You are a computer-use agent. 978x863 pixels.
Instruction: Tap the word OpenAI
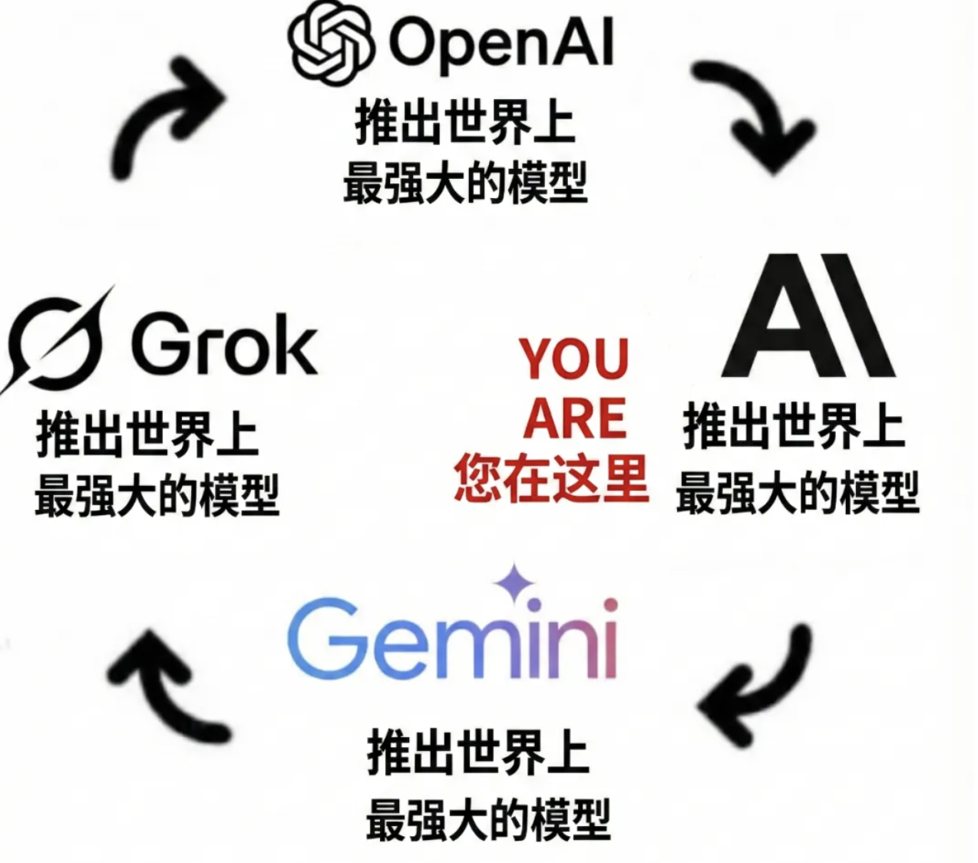(501, 45)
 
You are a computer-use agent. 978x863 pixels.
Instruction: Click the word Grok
(224, 345)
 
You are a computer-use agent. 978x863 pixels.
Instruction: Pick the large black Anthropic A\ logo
(808, 315)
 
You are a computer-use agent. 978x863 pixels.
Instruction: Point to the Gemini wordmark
(453, 638)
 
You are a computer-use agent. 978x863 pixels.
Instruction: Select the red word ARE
(574, 418)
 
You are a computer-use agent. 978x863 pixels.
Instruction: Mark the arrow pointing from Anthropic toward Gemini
(755, 685)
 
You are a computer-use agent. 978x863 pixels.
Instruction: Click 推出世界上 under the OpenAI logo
(465, 122)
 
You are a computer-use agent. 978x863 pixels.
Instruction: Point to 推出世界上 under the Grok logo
(147, 435)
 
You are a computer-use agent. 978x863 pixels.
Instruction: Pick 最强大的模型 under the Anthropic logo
(798, 493)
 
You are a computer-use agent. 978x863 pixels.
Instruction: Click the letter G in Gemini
(323, 638)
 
